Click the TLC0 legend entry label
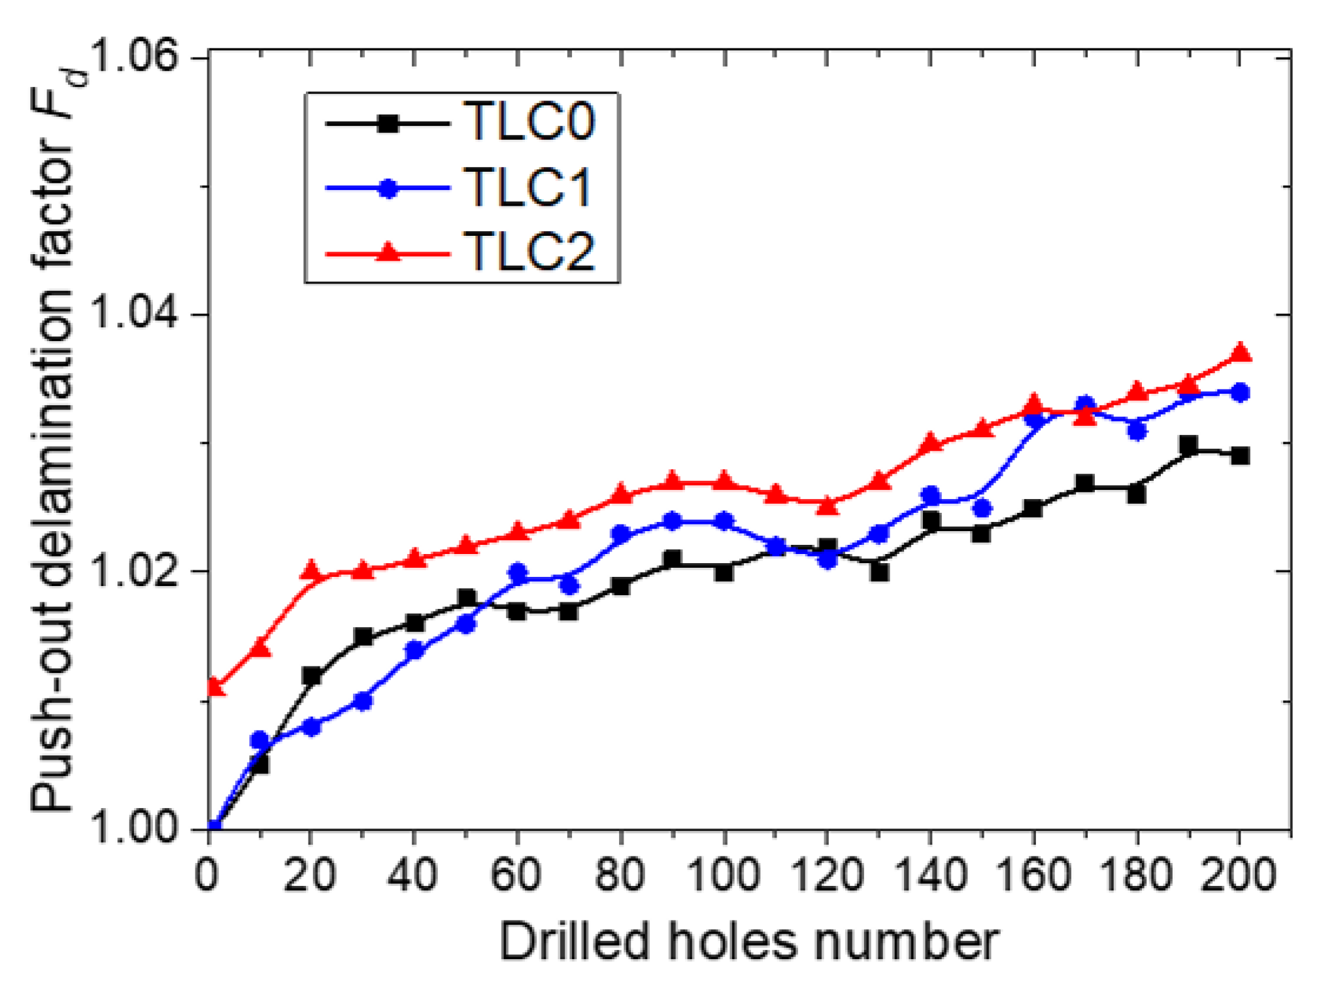[x=528, y=122]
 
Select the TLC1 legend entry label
[x=527, y=188]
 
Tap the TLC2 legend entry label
[x=528, y=252]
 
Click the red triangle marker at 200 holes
[x=1241, y=353]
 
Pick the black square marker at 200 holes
[x=1241, y=455]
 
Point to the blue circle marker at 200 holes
[x=1241, y=393]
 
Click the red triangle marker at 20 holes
[x=312, y=570]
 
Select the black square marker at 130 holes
[x=879, y=572]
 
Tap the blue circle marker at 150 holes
[x=982, y=508]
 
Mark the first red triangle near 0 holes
[x=215, y=687]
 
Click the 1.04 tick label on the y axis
[x=134, y=313]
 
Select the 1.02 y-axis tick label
[x=134, y=570]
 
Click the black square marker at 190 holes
[x=1189, y=446]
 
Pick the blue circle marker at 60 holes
[x=517, y=572]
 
